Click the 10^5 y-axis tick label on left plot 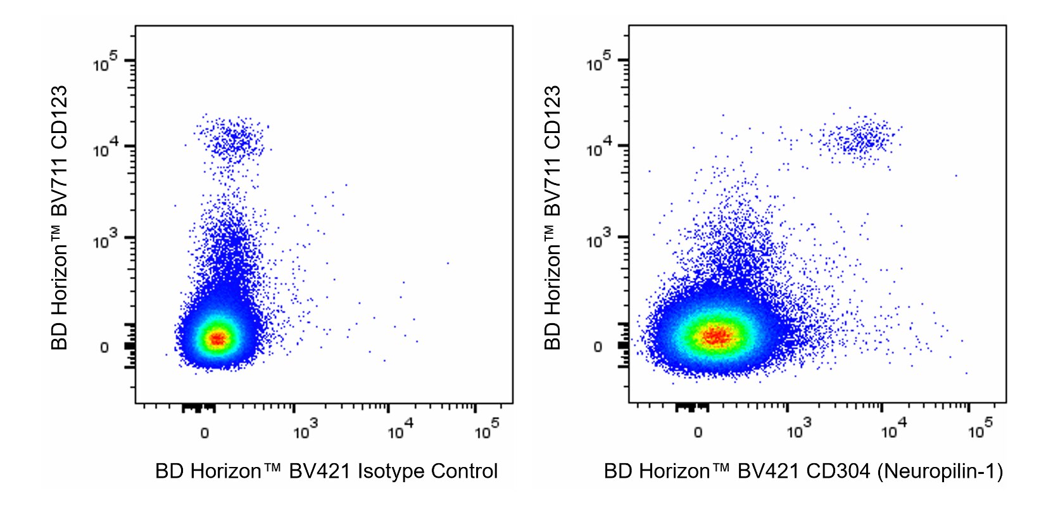106,63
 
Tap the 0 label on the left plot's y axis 104,347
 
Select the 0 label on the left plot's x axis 205,433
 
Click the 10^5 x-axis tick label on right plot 980,431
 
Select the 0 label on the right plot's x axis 698,433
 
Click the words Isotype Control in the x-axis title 427,471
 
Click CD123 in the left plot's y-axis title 59,118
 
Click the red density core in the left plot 217,339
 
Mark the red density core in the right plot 716,335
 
